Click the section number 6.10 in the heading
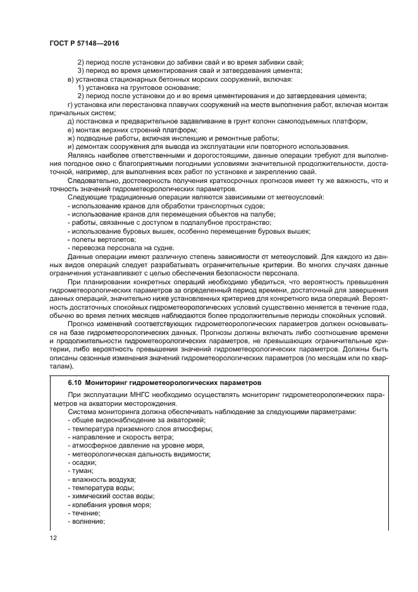coord(76,382)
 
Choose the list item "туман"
coord(81,470)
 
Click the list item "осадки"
coord(82,462)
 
